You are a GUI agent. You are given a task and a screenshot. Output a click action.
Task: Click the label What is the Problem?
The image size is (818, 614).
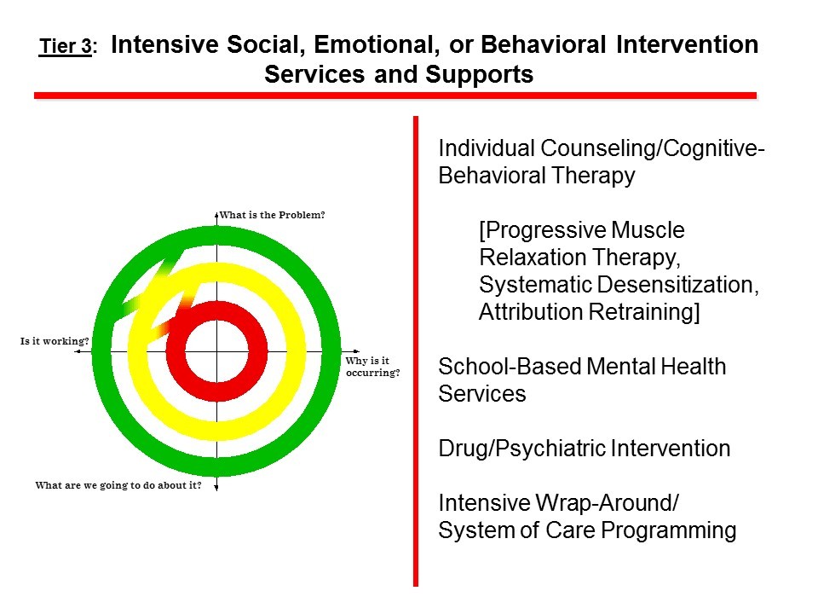pyautogui.click(x=273, y=215)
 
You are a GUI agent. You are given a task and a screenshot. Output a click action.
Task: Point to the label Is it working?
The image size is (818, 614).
pyautogui.click(x=55, y=341)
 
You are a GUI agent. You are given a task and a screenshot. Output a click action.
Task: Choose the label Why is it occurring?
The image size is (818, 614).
pyautogui.click(x=372, y=367)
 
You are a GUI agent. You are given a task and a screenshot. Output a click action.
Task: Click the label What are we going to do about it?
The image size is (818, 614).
pyautogui.click(x=118, y=486)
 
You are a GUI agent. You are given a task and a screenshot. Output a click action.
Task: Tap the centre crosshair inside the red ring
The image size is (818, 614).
pyautogui.click(x=216, y=351)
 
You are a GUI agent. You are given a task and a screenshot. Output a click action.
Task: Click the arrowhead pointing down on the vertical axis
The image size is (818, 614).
pyautogui.click(x=216, y=487)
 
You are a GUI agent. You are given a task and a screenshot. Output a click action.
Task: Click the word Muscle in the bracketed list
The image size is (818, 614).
pyautogui.click(x=654, y=231)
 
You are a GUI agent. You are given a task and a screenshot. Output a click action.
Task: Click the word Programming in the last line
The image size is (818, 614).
pyautogui.click(x=669, y=530)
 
